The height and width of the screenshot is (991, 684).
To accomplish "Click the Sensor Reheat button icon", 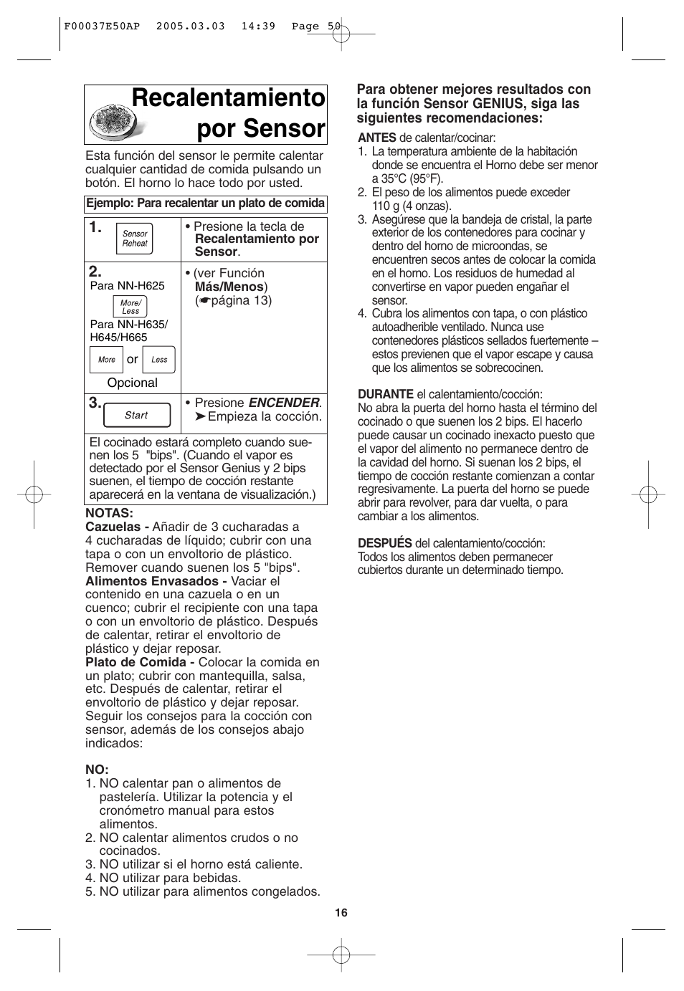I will [134, 239].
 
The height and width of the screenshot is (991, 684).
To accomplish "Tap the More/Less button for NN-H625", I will [130, 307].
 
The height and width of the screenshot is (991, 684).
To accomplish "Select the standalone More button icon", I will [106, 360].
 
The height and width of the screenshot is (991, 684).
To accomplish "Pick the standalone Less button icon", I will [158, 360].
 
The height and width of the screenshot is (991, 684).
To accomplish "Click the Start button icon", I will [136, 415].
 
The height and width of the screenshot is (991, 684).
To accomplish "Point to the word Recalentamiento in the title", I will [228, 99].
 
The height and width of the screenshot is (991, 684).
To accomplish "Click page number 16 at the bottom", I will [341, 912].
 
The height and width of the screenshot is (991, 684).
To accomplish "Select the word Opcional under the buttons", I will [132, 383].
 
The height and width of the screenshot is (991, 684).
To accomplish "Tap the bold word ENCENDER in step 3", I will [283, 403].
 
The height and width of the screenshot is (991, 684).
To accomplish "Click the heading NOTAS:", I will [110, 513].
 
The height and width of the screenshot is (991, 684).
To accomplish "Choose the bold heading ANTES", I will [377, 138].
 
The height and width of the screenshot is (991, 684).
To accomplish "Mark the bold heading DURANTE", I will [386, 394].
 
